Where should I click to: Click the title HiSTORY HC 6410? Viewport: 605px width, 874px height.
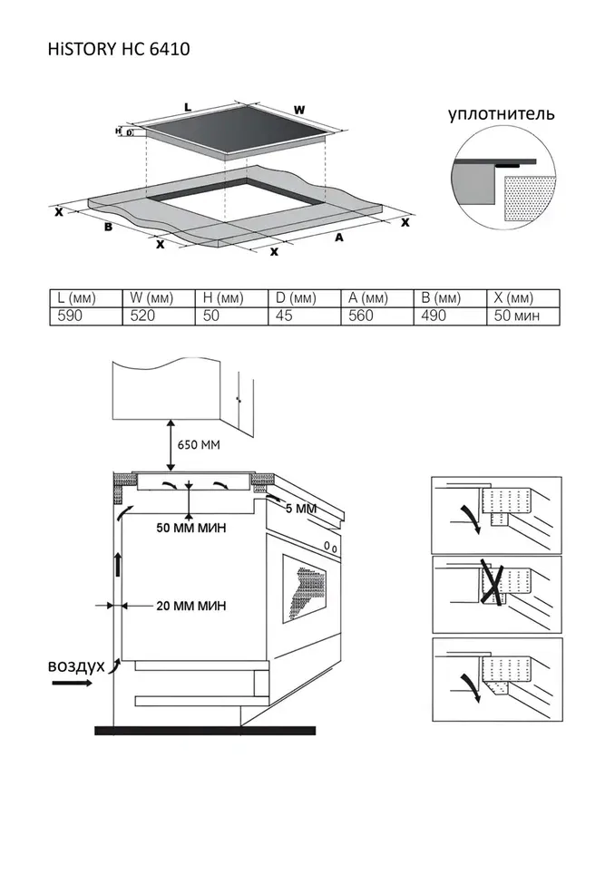(x=119, y=49)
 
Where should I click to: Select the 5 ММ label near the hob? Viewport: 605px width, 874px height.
(x=301, y=510)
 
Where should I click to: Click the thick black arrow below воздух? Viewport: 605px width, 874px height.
(x=72, y=685)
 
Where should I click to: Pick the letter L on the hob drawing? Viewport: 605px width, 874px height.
(x=188, y=107)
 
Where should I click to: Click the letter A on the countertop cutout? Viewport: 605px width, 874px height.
(x=339, y=238)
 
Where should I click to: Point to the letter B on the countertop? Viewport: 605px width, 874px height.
(x=108, y=227)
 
